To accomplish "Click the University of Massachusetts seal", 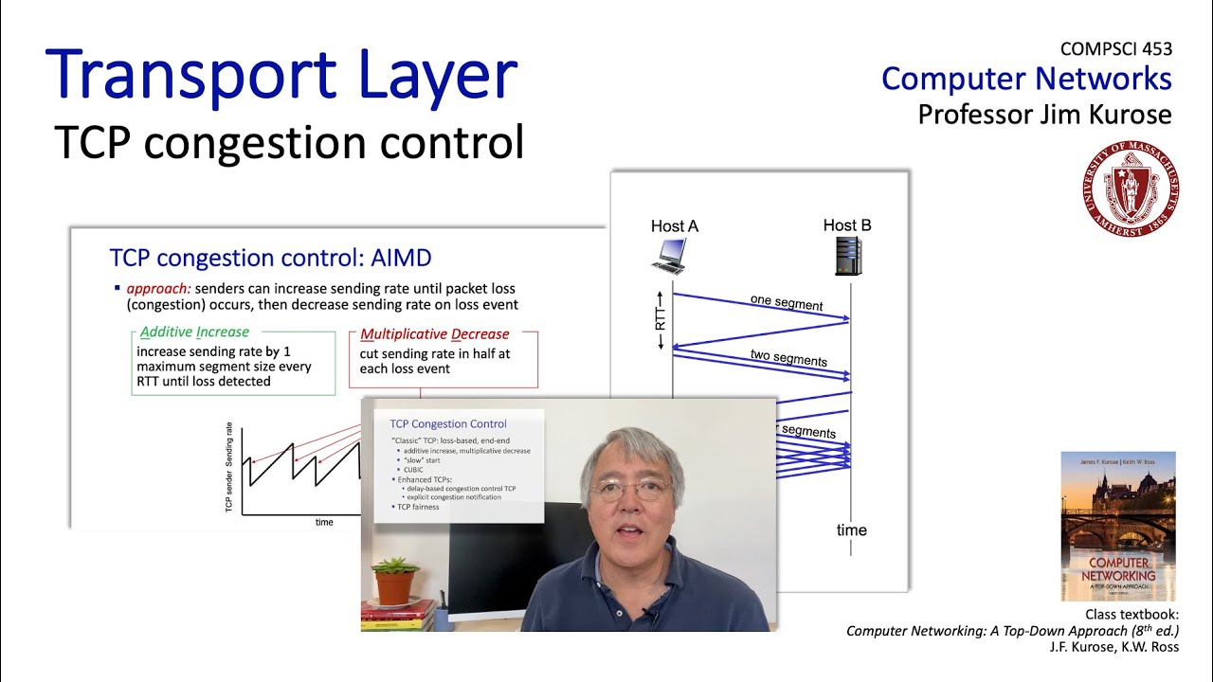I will [x=1131, y=188].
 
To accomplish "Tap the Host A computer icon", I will [x=670, y=256].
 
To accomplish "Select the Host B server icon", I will [x=848, y=256].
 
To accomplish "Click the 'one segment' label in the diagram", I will [x=786, y=303].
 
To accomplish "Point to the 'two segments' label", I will [x=788, y=358].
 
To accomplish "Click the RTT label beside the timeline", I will [x=661, y=318].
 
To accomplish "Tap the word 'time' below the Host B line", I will [x=851, y=529].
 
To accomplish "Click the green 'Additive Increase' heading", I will [x=194, y=332].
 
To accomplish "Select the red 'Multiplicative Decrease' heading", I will [x=435, y=334].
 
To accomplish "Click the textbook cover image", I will [x=1118, y=526].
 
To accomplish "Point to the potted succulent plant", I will [x=395, y=579].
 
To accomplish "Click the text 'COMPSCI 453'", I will [x=1116, y=49].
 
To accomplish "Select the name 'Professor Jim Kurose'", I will [x=1044, y=115].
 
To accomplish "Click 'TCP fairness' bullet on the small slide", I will [x=418, y=507].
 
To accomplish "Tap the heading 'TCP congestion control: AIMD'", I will [x=270, y=258].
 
